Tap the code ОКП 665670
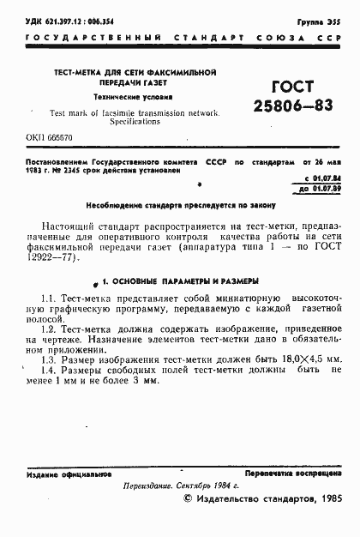click(49, 137)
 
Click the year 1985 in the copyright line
click(328, 499)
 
